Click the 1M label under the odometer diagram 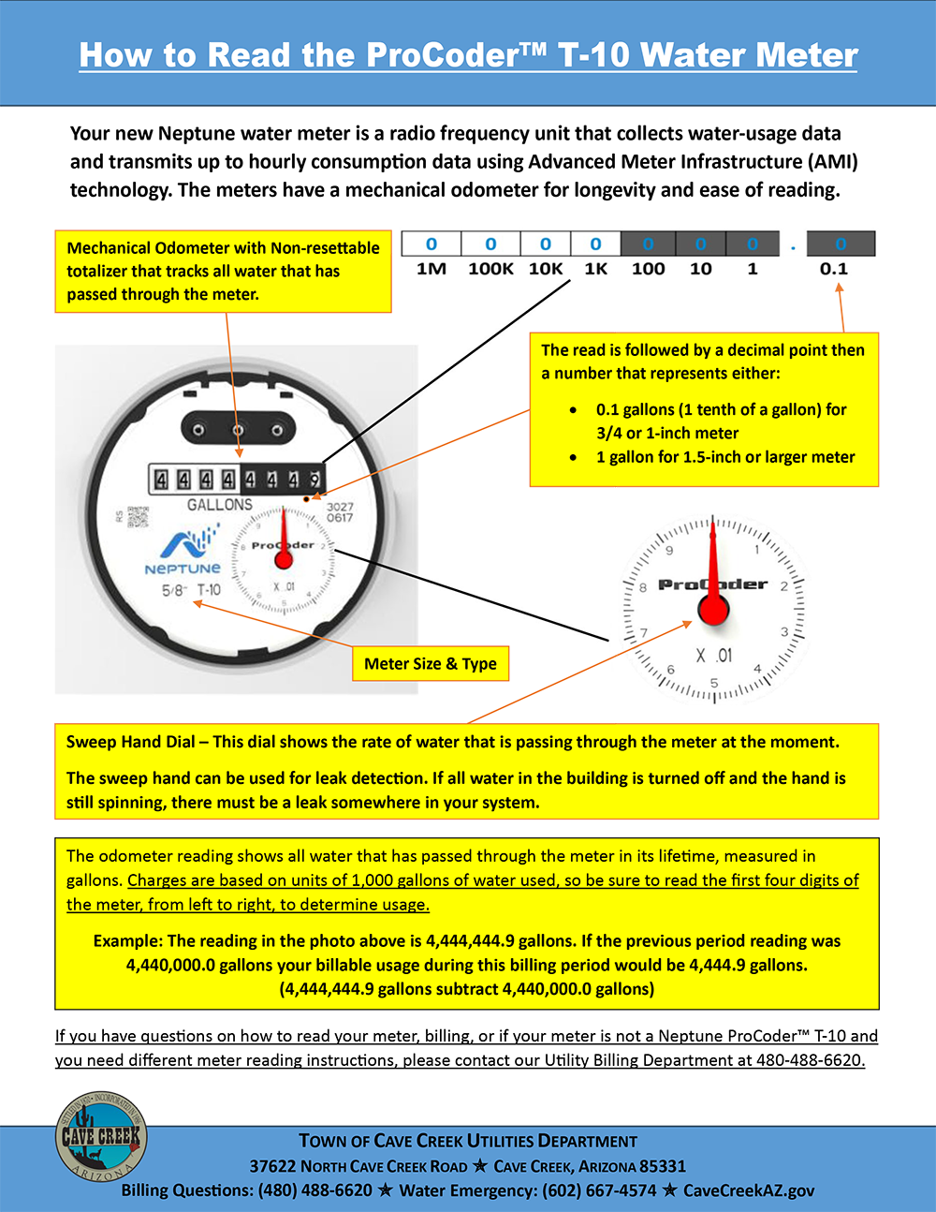coord(431,270)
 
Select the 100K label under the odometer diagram coord(490,270)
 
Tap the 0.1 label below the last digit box coord(833,270)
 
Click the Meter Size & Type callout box coord(431,664)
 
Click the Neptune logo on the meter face coord(183,553)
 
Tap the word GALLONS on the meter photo coord(219,505)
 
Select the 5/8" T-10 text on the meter coord(191,590)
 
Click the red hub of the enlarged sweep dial coord(713,610)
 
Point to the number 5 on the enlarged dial coord(714,683)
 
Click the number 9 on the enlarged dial coord(669,551)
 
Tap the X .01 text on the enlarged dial coord(713,656)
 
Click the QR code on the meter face coord(138,516)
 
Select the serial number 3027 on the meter coord(340,507)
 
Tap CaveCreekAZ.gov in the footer coord(748,1190)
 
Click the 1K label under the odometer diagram coord(595,270)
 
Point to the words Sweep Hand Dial coord(130,742)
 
